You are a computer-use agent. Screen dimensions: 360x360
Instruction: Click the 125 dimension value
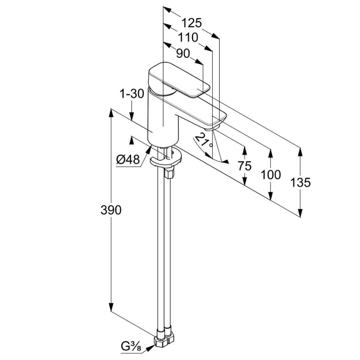(192, 23)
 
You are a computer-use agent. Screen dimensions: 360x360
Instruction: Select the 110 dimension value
(188, 37)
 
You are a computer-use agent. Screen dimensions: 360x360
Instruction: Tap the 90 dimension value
(183, 54)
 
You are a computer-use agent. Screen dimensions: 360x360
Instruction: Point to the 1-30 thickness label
(132, 94)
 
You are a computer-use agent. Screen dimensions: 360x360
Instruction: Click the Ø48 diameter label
(128, 159)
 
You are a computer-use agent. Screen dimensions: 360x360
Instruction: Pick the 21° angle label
(204, 141)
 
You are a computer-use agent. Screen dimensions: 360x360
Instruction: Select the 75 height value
(245, 166)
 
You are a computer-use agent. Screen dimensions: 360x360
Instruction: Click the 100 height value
(271, 175)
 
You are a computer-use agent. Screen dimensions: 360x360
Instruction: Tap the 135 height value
(300, 182)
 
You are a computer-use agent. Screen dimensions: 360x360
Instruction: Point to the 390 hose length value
(111, 210)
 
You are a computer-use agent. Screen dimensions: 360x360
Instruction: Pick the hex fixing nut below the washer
(169, 172)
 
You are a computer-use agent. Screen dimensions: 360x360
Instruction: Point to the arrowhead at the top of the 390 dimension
(111, 114)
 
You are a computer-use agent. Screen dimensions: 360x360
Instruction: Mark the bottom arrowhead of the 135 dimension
(300, 212)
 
